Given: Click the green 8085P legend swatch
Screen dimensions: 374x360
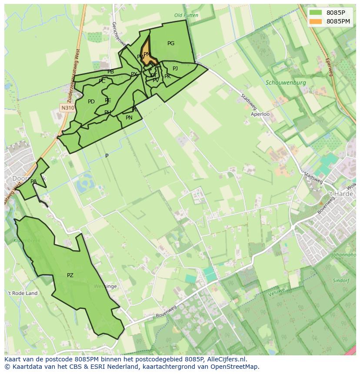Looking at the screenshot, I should click(x=316, y=13).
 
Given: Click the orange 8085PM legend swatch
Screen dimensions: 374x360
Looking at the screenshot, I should click(x=316, y=21).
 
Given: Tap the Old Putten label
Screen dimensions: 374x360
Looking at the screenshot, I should click(x=186, y=15).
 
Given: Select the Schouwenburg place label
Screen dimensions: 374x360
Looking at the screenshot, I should click(x=286, y=83).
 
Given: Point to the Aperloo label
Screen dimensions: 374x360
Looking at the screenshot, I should click(x=260, y=114).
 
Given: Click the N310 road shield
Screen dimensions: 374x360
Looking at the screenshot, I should click(x=67, y=107).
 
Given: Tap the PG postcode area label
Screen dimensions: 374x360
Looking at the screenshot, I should click(x=171, y=43).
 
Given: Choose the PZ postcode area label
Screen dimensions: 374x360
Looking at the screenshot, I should click(x=70, y=275).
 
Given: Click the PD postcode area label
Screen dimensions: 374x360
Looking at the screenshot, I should click(x=91, y=102).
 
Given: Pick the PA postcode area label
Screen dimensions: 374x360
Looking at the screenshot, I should click(x=33, y=182).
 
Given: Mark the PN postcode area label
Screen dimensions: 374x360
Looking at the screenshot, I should click(x=129, y=118).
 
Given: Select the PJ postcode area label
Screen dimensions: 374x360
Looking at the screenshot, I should click(x=175, y=69).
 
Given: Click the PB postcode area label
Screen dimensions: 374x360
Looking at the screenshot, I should click(x=110, y=72).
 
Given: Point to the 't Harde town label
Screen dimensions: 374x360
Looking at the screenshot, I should click(x=340, y=194).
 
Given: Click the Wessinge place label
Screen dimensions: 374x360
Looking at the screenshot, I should click(x=105, y=287).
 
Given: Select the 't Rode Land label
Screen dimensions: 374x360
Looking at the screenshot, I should click(x=23, y=293).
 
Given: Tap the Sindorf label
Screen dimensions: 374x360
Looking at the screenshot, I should click(x=341, y=281).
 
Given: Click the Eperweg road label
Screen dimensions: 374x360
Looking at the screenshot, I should click(x=329, y=67).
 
